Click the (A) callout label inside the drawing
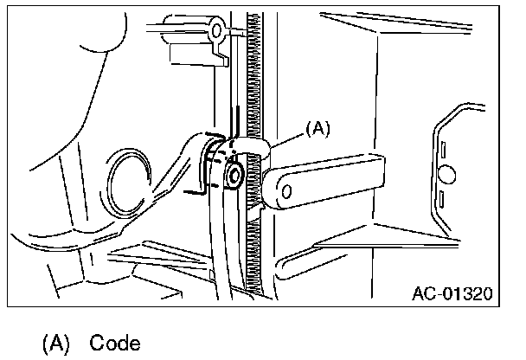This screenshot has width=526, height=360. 318,129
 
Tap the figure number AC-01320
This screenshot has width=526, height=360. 452,293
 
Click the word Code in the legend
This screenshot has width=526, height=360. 113,343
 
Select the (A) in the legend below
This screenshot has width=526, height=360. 56,343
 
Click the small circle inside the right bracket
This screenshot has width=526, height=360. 446,175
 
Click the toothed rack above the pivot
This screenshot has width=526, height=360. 254,78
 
